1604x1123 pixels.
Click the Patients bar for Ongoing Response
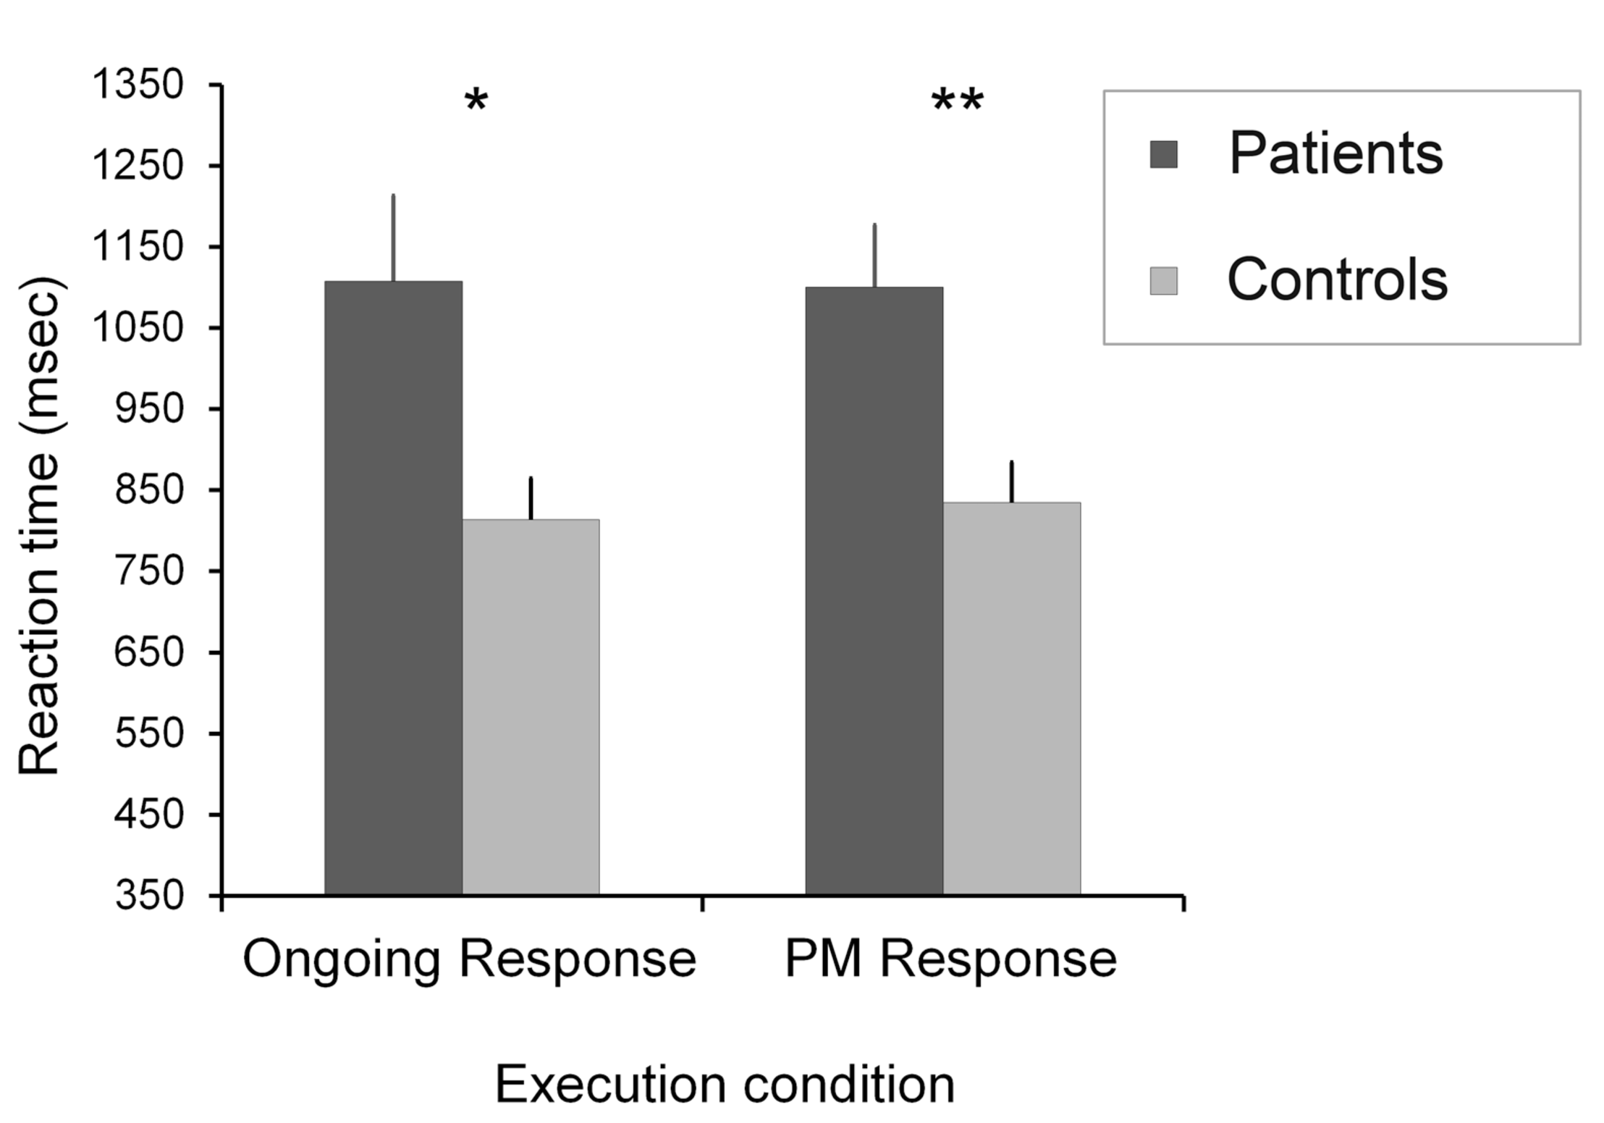coord(393,586)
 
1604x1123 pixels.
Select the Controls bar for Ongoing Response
coord(531,706)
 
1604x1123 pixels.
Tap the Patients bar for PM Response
coord(874,590)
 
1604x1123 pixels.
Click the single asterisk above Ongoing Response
coord(476,101)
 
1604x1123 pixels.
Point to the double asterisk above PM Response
coord(957,101)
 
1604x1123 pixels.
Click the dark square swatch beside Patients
coord(1163,154)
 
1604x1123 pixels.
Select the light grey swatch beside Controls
coord(1163,281)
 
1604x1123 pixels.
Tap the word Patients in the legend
coord(1335,153)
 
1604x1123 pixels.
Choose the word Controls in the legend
coord(1338,280)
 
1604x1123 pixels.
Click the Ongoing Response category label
coord(469,960)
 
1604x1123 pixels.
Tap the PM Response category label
coord(950,960)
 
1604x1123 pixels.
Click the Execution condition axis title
coord(725,1085)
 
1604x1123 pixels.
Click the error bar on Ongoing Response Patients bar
coord(393,237)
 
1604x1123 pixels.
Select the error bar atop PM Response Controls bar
coord(1011,481)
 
